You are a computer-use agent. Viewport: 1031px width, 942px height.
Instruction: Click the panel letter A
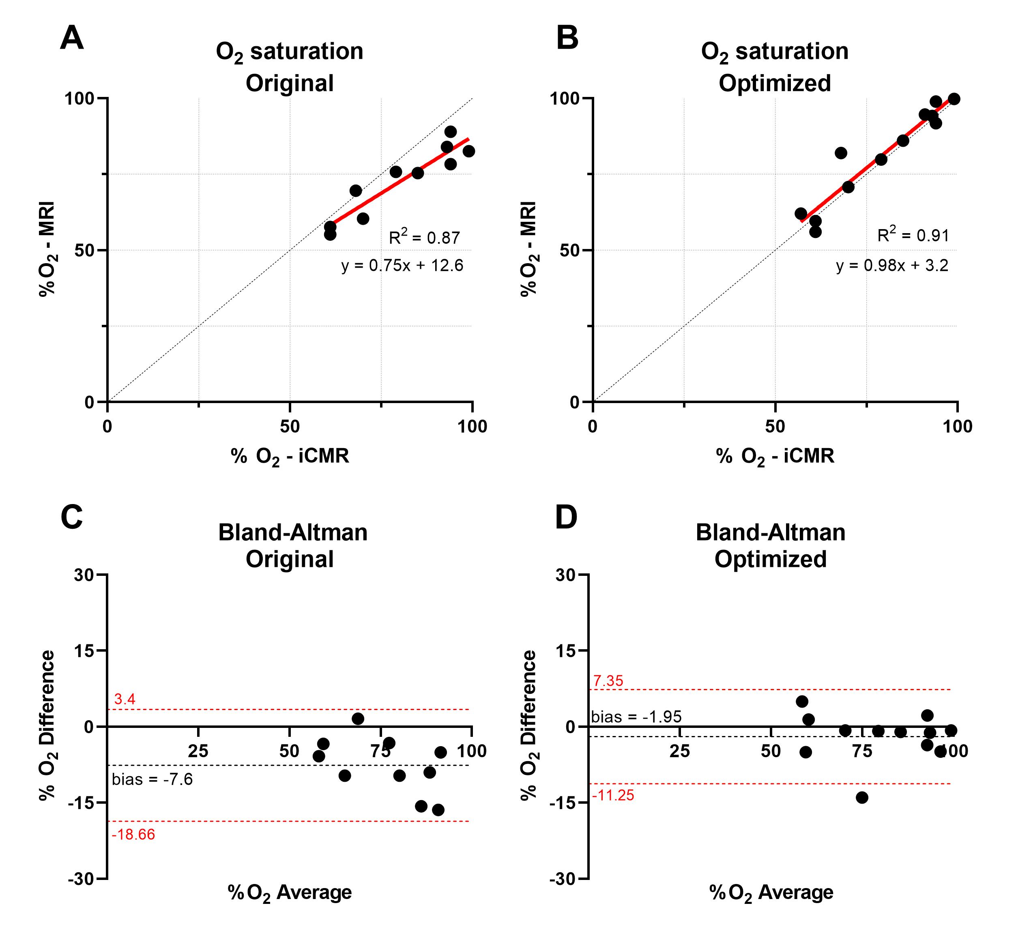[72, 39]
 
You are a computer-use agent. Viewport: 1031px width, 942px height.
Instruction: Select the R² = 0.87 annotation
[425, 237]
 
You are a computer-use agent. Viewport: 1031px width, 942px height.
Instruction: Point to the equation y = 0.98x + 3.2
[892, 266]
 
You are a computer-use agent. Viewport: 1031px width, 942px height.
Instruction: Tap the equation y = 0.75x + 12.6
[402, 266]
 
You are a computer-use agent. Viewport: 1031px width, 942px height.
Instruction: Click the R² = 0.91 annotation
[913, 235]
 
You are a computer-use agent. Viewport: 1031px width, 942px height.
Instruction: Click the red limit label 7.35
[608, 681]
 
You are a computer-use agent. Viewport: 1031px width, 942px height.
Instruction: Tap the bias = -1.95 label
[636, 717]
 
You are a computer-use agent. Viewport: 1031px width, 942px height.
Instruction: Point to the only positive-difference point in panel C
[358, 719]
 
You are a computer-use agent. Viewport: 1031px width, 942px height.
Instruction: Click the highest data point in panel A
[450, 132]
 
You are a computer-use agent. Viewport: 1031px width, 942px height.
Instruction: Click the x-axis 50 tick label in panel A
[290, 427]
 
